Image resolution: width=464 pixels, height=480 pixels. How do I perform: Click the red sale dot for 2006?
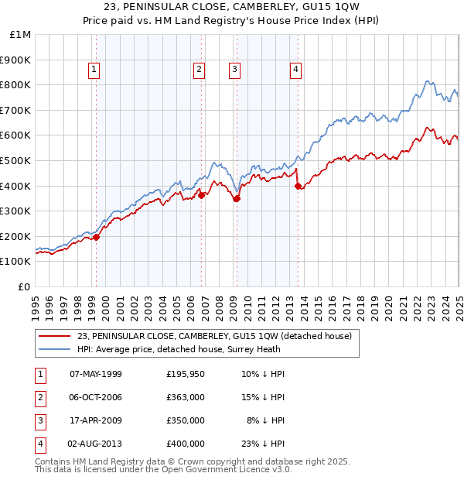tap(201, 195)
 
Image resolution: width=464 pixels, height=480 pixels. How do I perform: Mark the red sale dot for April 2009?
tap(237, 198)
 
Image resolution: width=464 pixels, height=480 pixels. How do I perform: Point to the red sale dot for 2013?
tap(298, 186)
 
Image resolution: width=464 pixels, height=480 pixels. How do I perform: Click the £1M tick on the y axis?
tap(21, 35)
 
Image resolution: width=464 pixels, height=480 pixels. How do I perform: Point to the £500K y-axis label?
tap(17, 161)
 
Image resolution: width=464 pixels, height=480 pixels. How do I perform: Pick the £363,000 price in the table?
tap(185, 397)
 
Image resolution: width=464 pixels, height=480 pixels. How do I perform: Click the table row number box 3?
tap(38, 420)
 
